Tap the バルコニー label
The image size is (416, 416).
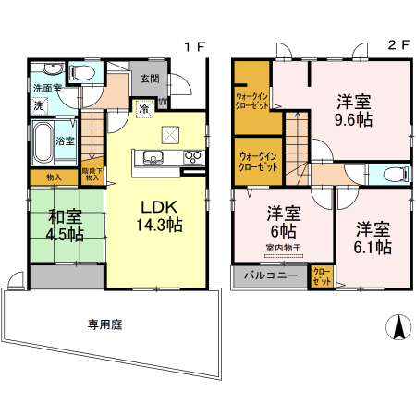[x=271, y=275]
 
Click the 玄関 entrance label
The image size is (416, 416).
[x=150, y=79]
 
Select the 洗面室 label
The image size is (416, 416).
[x=47, y=88]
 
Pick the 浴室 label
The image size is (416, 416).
[x=66, y=141]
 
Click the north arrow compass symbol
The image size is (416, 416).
[x=398, y=326]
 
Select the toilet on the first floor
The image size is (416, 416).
[x=80, y=72]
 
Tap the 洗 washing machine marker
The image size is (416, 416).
[x=39, y=106]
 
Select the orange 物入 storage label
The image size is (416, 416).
[x=54, y=177]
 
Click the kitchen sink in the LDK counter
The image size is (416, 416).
[x=153, y=156]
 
